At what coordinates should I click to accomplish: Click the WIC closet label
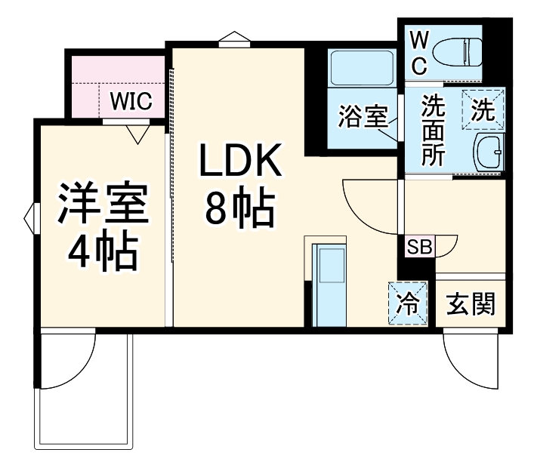pos(131,100)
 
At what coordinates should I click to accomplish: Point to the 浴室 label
pos(362,117)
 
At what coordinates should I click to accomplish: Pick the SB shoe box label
pos(418,246)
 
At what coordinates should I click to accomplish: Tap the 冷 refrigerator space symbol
pos(409,303)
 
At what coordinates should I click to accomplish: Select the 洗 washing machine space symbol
pos(483,109)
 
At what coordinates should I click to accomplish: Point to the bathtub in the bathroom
pos(360,68)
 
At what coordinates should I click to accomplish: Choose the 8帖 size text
pos(239,208)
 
